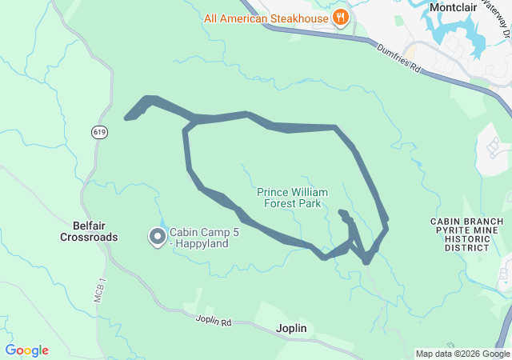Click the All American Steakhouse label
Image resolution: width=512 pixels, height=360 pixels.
(266, 18)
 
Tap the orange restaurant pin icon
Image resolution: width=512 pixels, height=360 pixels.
(342, 17)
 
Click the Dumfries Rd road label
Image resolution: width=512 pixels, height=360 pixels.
(398, 58)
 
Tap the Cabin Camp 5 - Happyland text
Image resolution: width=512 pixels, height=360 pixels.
(198, 238)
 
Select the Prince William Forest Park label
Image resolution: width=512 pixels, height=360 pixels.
(289, 198)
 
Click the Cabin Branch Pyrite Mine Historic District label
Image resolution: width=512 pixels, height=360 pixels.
(466, 234)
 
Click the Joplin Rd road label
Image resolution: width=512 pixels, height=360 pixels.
(213, 321)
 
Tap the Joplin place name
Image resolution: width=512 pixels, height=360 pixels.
(291, 328)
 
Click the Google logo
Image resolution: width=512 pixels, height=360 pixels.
(27, 350)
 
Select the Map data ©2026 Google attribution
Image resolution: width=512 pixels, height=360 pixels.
(462, 354)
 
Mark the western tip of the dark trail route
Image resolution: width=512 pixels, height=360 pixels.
(127, 118)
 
